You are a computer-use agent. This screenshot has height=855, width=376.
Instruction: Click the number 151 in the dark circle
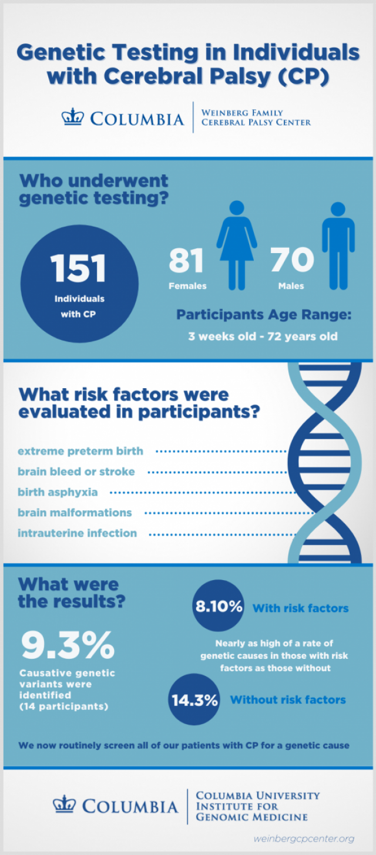click(x=78, y=268)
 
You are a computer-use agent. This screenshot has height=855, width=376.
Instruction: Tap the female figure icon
click(x=237, y=245)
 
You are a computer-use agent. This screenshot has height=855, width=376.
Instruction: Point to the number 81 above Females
click(x=186, y=260)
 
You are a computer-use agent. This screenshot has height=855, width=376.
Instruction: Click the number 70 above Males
click(x=292, y=260)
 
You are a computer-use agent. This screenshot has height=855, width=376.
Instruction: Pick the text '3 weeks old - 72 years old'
click(x=263, y=336)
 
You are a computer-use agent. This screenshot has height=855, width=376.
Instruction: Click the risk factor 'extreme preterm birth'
click(x=80, y=451)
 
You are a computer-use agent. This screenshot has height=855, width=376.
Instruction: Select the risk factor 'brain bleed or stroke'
click(x=76, y=472)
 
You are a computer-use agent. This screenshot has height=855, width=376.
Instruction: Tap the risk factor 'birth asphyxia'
click(x=58, y=492)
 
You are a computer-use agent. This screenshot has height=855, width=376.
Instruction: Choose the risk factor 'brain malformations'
click(x=75, y=513)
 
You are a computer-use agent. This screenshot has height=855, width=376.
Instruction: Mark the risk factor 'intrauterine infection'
click(x=77, y=533)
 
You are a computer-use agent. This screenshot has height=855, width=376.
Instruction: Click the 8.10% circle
click(x=218, y=605)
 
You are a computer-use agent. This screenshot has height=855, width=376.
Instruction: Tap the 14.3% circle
click(x=194, y=699)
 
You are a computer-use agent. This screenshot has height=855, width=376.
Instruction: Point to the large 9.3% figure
click(x=68, y=645)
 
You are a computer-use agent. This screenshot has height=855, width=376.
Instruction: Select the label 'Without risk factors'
click(x=288, y=699)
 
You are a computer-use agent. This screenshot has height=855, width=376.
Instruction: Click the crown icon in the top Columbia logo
click(x=72, y=117)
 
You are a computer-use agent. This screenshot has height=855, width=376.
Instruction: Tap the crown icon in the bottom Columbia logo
click(x=64, y=804)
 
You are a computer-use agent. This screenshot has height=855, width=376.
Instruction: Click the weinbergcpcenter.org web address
click(x=304, y=839)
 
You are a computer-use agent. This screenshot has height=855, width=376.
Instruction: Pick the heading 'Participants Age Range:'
click(x=264, y=315)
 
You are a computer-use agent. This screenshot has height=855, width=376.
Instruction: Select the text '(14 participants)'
click(x=64, y=706)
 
